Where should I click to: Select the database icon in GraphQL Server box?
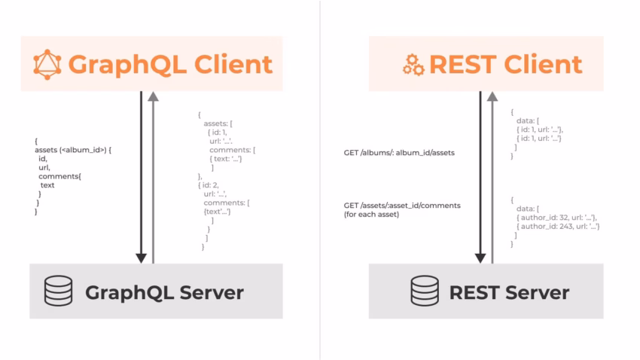pos(59,291)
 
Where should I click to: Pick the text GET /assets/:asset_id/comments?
pos(402,205)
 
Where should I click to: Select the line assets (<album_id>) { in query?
pos(73,149)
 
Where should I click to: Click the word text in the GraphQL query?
pos(47,185)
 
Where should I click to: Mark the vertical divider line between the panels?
pos(320,180)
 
